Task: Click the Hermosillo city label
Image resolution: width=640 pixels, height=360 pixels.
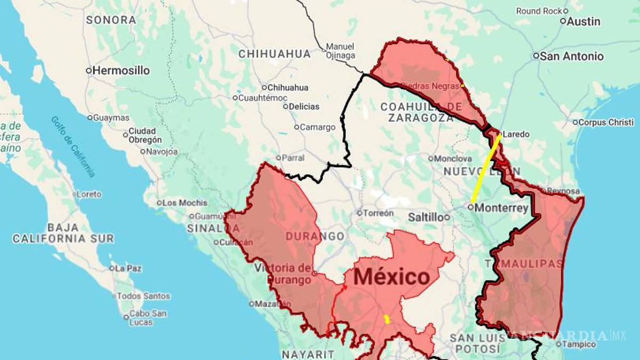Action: point(121,70)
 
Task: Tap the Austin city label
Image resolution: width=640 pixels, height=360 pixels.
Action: point(583,21)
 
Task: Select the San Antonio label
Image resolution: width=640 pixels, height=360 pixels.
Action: point(571,56)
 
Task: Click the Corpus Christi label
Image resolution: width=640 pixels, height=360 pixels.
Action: point(606,122)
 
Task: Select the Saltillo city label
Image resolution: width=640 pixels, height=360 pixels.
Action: point(426,217)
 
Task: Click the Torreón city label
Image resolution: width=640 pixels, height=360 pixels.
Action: point(379,213)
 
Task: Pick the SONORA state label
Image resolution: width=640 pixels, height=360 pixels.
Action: point(111,20)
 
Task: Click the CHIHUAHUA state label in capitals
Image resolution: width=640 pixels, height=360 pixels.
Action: point(274,54)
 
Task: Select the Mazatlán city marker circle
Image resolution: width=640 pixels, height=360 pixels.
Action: point(251,304)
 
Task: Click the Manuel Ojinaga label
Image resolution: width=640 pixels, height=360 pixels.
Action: point(340,51)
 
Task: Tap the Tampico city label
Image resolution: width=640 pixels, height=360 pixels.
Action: point(579,345)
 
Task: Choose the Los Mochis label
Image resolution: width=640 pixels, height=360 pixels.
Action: point(185,203)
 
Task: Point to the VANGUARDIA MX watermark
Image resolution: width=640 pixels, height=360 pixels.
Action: point(565,335)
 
